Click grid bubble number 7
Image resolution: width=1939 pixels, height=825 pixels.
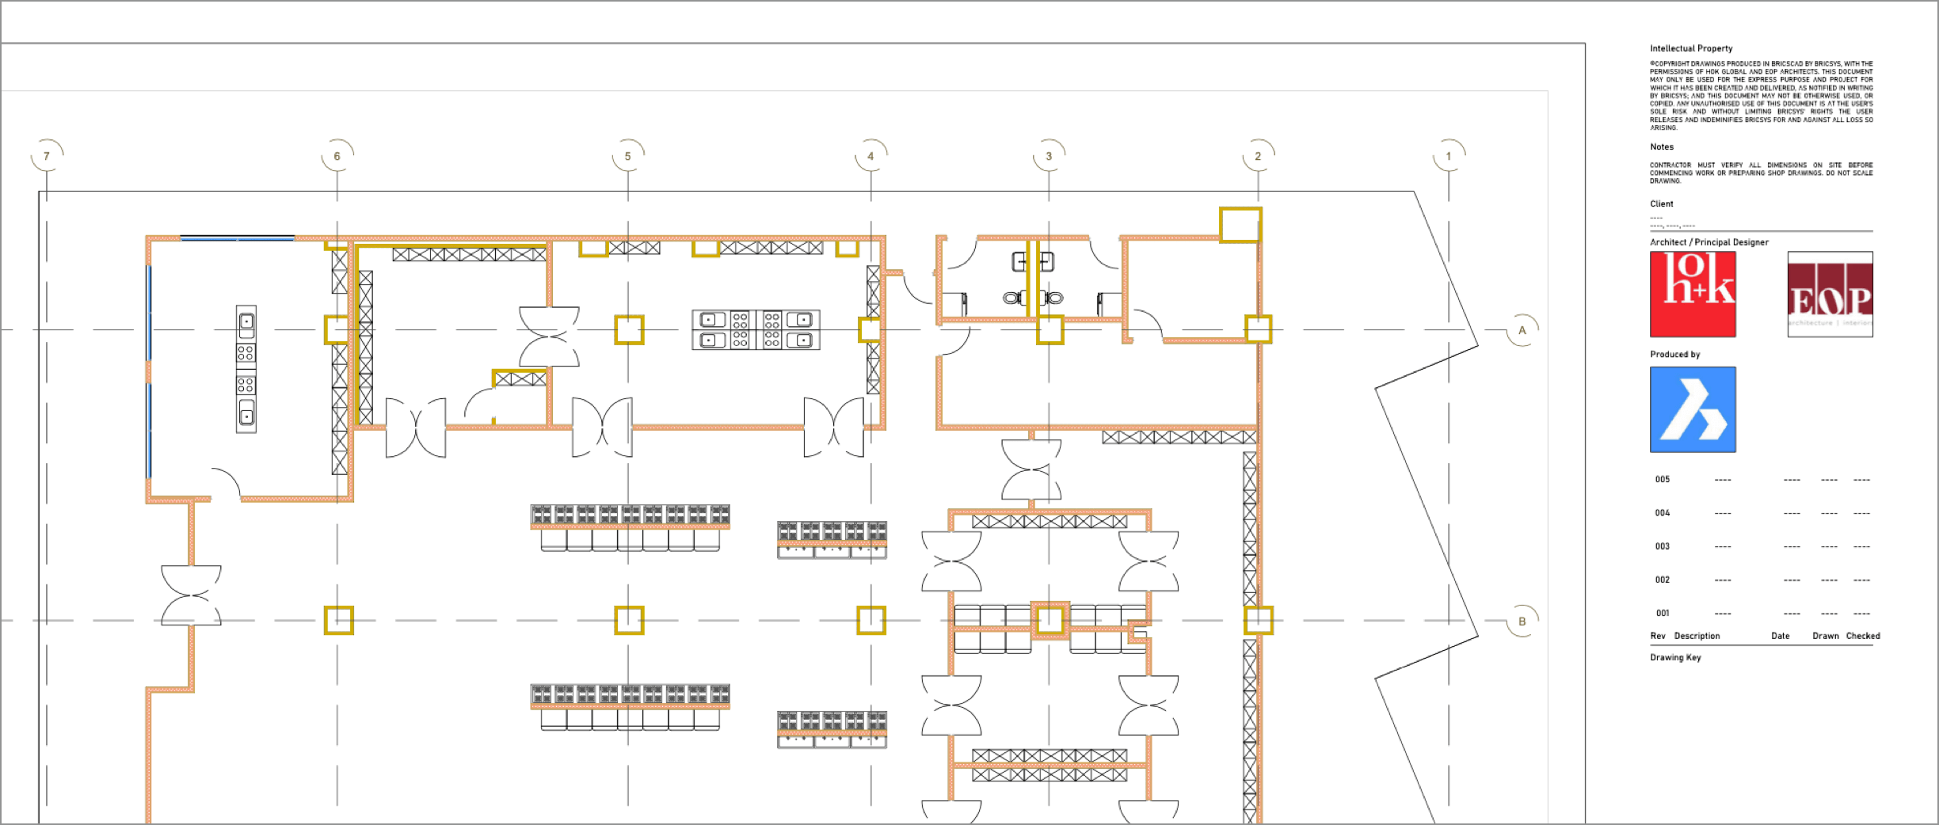pos(47,156)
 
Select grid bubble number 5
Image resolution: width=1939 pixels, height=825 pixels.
pos(628,156)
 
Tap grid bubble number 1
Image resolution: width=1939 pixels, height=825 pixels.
pos(1449,156)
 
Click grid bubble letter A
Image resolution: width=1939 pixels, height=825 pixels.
pos(1522,330)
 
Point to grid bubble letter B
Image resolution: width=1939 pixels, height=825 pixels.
pos(1522,622)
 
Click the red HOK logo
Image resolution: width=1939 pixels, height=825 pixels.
pos(1693,295)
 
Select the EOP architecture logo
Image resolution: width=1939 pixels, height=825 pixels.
pos(1830,295)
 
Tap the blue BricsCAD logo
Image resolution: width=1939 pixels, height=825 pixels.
pos(1693,409)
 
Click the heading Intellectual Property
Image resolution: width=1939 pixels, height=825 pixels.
pos(1691,48)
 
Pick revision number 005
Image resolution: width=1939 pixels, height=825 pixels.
pos(1662,479)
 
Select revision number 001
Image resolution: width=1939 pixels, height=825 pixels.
pos(1662,613)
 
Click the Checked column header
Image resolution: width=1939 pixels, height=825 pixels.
pos(1862,636)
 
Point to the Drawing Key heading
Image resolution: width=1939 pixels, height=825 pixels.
pos(1675,657)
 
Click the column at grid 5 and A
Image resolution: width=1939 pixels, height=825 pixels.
pos(629,329)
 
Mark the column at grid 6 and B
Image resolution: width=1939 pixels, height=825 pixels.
pos(338,621)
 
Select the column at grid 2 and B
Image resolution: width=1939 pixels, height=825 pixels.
pos(1258,621)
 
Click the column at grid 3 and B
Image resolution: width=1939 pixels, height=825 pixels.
pos(1049,620)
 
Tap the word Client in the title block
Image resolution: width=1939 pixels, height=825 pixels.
pos(1661,203)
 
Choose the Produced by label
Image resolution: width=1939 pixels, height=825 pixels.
pos(1674,354)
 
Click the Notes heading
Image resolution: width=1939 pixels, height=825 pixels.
pos(1661,146)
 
